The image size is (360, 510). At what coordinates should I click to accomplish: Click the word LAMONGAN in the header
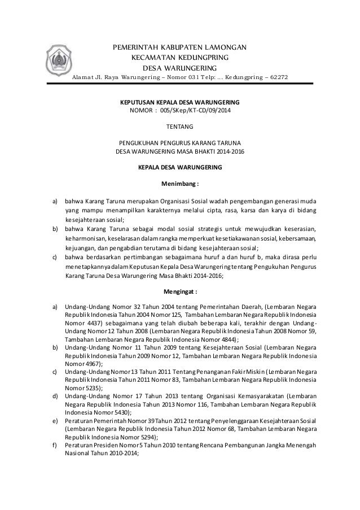(222, 46)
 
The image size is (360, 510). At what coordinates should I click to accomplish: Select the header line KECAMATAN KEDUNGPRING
(180, 57)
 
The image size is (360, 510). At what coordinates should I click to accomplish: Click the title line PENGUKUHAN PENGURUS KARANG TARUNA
(180, 142)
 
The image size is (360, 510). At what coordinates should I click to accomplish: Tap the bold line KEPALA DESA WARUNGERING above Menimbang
(180, 168)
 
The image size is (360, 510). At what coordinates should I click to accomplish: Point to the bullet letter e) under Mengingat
(55, 421)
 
